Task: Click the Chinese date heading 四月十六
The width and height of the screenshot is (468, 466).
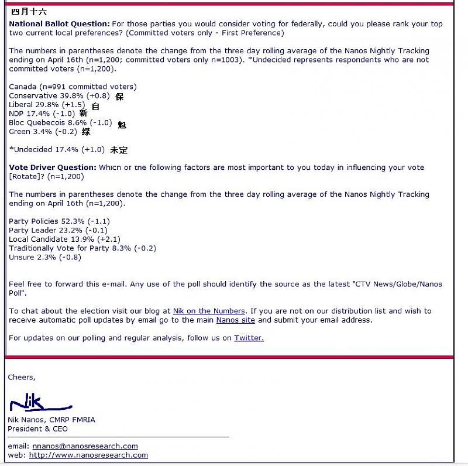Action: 29,12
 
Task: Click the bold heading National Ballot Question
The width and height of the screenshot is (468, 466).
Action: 59,24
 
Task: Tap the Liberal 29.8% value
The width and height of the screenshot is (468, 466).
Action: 47,105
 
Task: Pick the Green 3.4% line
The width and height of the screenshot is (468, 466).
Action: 44,132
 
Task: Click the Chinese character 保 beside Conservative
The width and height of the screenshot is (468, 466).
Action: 119,97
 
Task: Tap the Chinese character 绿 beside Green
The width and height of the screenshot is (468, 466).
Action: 86,132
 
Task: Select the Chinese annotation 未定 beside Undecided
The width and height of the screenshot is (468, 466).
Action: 119,150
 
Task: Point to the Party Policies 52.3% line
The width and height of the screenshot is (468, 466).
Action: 59,221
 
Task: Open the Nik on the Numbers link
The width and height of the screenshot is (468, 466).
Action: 209,311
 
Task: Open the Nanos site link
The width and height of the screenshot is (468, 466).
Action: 235,320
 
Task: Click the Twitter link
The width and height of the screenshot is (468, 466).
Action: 249,338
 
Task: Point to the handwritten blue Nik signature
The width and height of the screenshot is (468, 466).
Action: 39,403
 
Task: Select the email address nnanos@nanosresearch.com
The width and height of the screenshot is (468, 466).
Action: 85,446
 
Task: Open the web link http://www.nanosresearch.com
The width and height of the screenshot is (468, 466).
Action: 88,455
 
